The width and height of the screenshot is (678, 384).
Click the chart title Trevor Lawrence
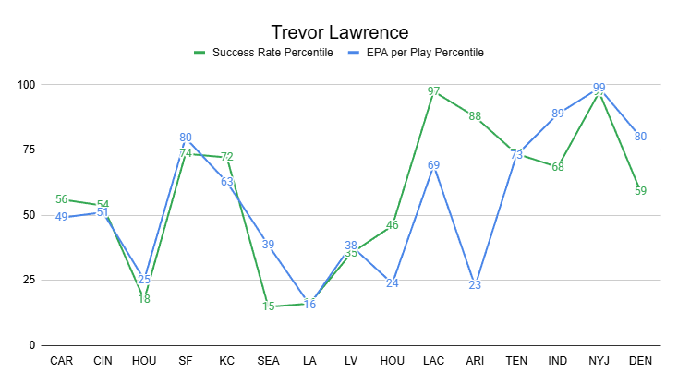click(x=338, y=32)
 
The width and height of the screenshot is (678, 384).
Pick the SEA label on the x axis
click(x=268, y=360)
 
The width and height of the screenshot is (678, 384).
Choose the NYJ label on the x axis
click(x=599, y=360)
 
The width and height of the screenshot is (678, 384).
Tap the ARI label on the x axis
click(x=475, y=360)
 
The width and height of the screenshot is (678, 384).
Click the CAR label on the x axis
click(x=62, y=360)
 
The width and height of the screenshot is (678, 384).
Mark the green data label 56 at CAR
click(x=62, y=199)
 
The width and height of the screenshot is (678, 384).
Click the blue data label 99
click(x=599, y=88)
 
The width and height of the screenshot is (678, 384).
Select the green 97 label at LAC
click(x=433, y=92)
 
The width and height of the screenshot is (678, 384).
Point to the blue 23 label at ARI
click(x=475, y=285)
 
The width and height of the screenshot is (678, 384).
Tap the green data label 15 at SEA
click(x=268, y=306)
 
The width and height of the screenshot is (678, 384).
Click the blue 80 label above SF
click(x=186, y=138)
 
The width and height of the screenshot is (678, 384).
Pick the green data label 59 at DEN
click(x=640, y=191)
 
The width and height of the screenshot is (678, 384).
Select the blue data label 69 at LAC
click(x=433, y=165)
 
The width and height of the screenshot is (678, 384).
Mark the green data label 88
click(x=475, y=116)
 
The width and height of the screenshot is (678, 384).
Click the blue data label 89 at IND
click(x=557, y=114)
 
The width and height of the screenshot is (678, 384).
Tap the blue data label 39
click(x=268, y=244)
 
